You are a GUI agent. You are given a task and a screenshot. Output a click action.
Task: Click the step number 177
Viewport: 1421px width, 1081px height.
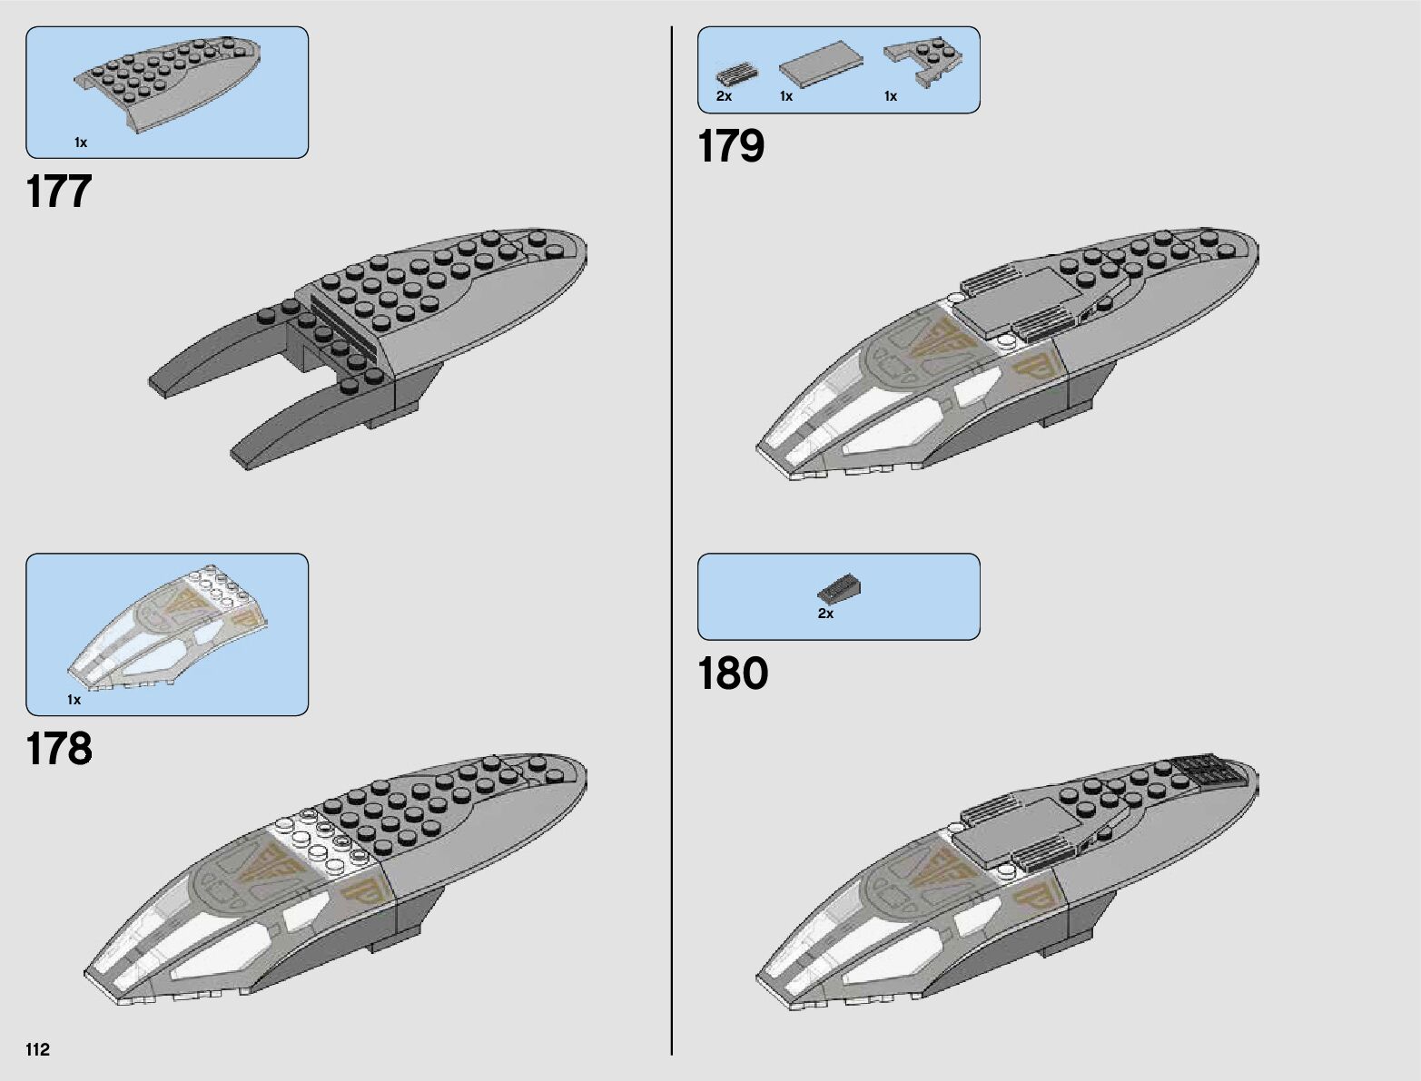59,192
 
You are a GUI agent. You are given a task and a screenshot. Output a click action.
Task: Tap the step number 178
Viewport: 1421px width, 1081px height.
59,749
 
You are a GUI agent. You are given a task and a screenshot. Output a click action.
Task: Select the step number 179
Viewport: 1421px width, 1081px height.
731,146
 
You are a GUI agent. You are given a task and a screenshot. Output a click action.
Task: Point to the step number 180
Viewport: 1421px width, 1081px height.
732,673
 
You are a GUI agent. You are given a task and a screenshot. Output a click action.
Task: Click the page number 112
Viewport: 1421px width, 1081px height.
37,1050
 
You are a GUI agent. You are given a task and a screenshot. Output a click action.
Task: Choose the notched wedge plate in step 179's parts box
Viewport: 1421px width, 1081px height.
923,61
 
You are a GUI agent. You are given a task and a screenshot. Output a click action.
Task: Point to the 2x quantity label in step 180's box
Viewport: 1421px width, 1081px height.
825,614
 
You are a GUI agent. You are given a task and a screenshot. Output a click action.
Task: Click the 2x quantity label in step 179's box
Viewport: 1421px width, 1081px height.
724,96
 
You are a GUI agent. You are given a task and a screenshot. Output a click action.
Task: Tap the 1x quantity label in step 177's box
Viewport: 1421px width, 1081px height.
81,142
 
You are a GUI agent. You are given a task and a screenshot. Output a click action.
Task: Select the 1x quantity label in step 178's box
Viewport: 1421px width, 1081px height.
74,700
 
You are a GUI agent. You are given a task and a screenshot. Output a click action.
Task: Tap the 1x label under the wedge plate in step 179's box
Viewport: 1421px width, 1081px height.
891,96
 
